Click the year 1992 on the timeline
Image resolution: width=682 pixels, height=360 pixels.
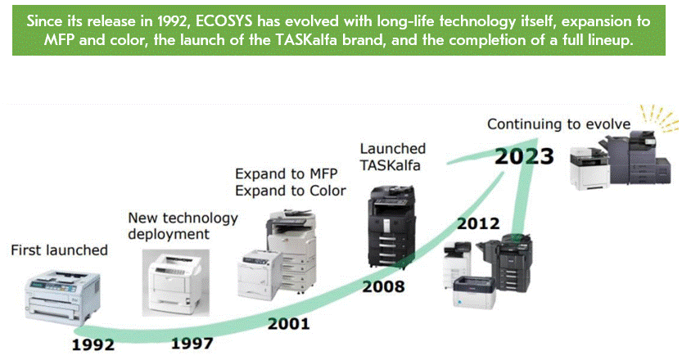[x=93, y=344]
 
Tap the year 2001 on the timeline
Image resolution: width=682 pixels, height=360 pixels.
[x=288, y=323]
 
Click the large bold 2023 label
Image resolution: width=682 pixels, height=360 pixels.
[x=524, y=155]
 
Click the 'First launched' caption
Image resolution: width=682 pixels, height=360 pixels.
[x=59, y=250]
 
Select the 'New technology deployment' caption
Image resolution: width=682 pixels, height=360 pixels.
[x=183, y=226]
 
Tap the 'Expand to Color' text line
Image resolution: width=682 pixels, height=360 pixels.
[x=290, y=191]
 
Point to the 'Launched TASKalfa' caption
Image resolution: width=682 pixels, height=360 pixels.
[x=394, y=156]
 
